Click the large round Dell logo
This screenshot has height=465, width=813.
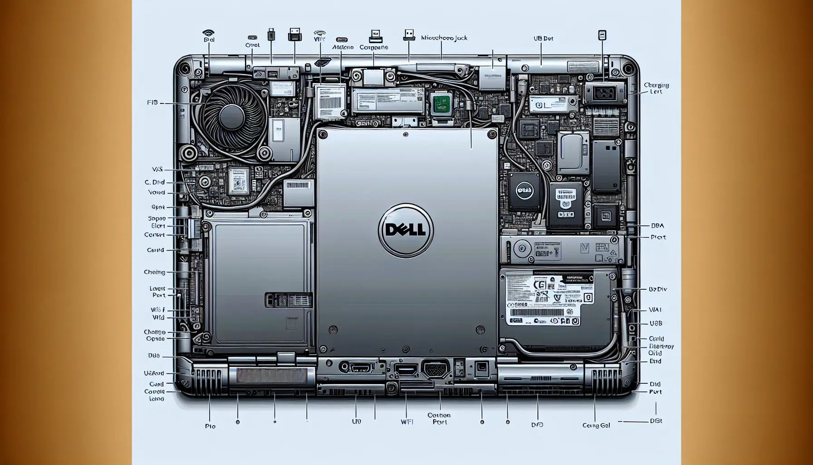[x=406, y=230]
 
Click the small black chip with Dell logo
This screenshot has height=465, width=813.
[x=524, y=191]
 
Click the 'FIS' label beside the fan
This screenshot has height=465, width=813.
[x=152, y=103]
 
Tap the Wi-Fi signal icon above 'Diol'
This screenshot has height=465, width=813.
[x=208, y=33]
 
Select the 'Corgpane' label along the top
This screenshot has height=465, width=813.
[x=374, y=47]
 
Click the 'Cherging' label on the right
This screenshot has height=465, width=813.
[x=656, y=85]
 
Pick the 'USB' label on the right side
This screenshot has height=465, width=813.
[x=656, y=324]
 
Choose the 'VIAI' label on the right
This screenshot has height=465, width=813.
[x=655, y=310]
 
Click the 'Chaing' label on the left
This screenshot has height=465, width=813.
[x=154, y=272]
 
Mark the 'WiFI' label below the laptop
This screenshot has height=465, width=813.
[x=406, y=422]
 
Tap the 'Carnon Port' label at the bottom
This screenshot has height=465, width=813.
[x=439, y=418]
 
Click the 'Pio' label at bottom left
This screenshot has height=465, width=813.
[x=210, y=426]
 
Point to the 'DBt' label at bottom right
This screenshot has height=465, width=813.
[x=656, y=421]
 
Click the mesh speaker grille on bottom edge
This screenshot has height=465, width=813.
[x=271, y=376]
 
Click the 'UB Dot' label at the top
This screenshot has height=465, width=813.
[x=543, y=39]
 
